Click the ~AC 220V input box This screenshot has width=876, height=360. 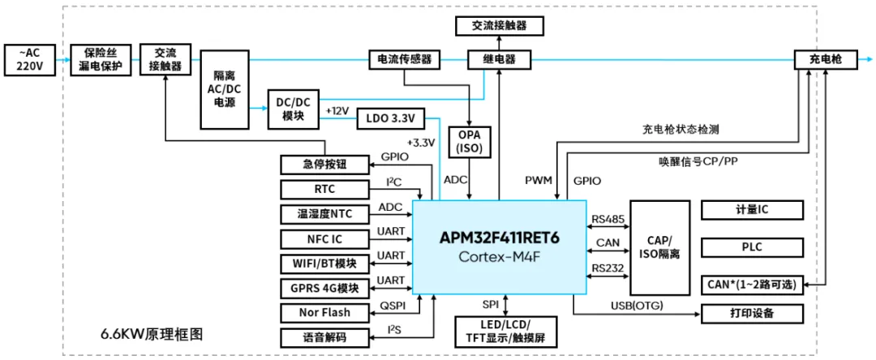tap(30, 61)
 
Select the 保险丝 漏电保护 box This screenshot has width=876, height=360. tap(100, 61)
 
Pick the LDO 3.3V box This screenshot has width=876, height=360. tap(390, 119)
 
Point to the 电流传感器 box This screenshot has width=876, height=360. tap(405, 60)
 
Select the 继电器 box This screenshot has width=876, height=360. tap(499, 60)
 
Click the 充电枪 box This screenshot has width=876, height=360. tap(826, 60)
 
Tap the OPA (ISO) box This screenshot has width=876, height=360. tap(468, 142)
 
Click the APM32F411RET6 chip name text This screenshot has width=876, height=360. tap(499, 238)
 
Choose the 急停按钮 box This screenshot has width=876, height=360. tap(324, 165)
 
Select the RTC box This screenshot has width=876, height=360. tap(324, 190)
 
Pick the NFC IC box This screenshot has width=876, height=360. tap(324, 239)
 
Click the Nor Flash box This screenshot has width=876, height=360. tap(324, 312)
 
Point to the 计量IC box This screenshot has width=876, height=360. tap(752, 210)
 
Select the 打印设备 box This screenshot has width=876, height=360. tap(752, 314)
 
